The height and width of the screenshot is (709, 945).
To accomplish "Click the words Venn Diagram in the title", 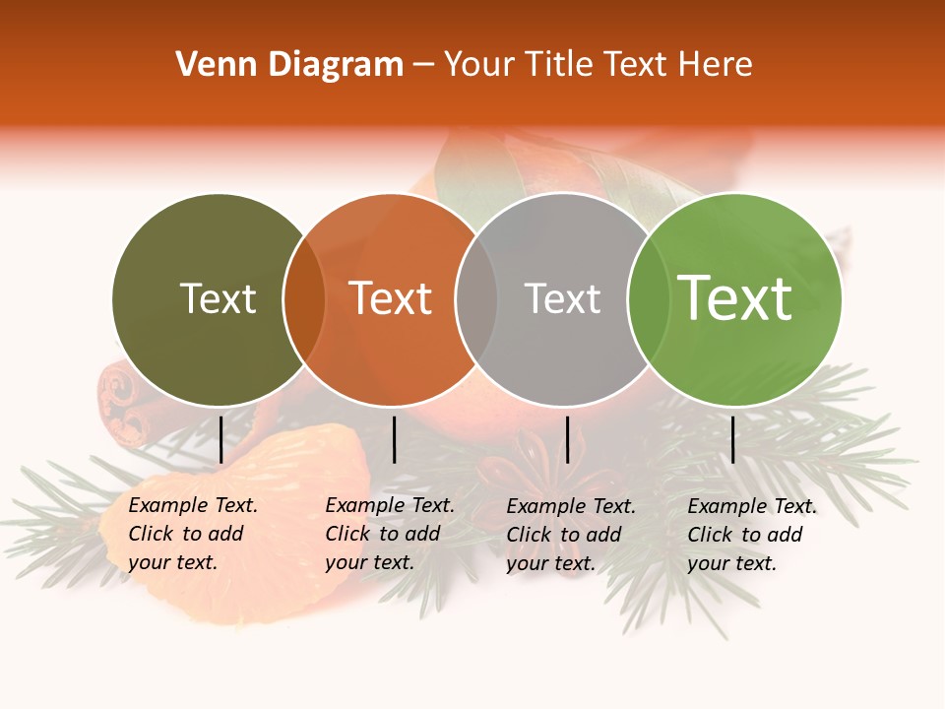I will pos(289,65).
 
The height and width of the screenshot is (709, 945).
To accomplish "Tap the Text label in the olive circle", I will pos(218,298).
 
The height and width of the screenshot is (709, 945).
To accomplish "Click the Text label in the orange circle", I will pos(390,298).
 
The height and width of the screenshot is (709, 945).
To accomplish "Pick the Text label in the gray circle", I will pos(562,298).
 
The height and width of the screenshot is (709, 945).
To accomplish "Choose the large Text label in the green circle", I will pos(734,297).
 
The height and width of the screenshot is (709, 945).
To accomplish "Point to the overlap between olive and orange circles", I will pos(304,299).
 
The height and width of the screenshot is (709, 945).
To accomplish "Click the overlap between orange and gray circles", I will pos(476,299).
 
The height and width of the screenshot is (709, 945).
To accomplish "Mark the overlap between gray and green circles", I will pos(648,299).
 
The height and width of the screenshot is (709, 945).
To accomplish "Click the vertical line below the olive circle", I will pos(220,439).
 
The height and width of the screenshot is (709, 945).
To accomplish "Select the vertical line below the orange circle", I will pos(394,439).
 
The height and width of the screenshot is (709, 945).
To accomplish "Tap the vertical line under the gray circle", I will pos(567,439).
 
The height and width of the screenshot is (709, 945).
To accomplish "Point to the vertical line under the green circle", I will pos(732,439).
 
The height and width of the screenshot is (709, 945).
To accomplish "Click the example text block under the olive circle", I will pos(193,534).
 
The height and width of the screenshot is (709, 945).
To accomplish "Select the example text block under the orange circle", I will pos(390,534).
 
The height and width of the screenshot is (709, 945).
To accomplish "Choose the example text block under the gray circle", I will pos(571,535).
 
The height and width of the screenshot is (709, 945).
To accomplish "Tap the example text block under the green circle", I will pos(752,535).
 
